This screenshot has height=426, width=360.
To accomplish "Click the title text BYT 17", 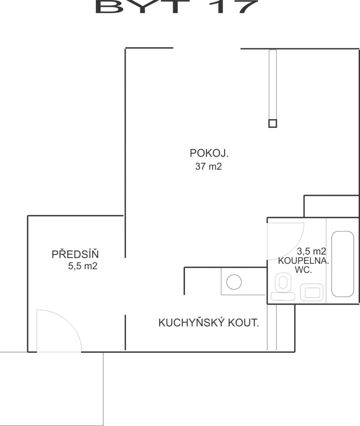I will coord(176,6).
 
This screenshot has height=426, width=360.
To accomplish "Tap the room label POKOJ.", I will coord(209,153).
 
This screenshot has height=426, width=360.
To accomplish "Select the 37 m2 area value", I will coord(208,166).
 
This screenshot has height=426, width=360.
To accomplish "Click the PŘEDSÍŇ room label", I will coord(75,255).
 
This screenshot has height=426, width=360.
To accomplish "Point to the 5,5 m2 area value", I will coord(82,266).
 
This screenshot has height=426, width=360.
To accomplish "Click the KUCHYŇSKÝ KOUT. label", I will coord(208,323).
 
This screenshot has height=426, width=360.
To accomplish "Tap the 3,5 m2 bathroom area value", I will coord(311,251).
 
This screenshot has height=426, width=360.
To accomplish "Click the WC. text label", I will coord(303,270).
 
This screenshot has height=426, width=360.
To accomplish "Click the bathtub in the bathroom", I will coord(343,264).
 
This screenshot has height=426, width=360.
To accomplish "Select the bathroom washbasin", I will coord(311,292).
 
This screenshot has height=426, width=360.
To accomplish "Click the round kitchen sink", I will coord(234,282).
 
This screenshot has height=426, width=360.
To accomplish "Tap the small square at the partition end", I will coord(272,123).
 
